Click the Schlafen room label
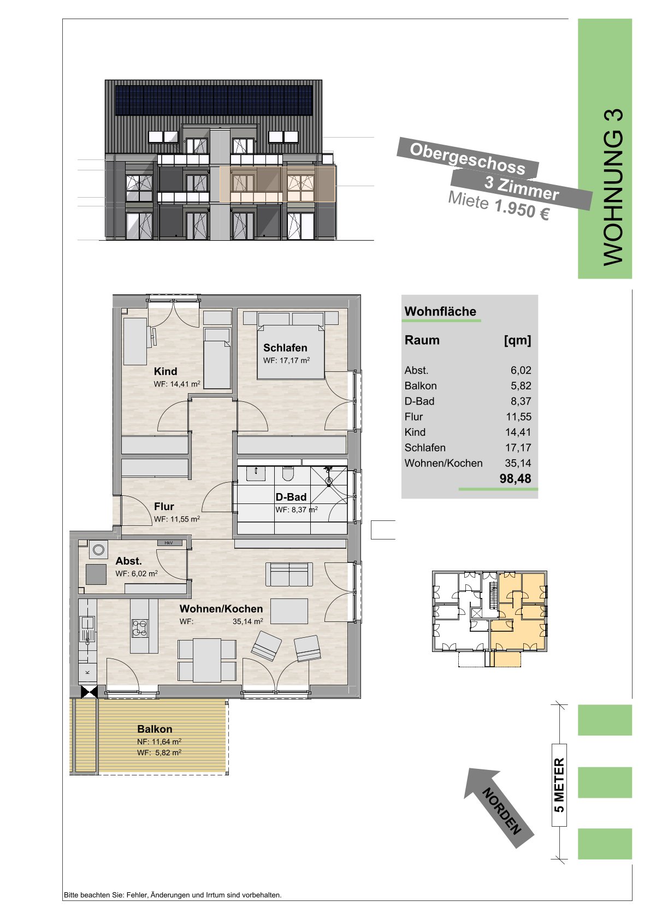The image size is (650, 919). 285,348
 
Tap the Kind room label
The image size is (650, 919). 166,371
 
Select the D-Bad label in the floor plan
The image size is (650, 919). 291,497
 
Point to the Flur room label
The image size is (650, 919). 164,506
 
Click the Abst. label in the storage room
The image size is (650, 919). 128,561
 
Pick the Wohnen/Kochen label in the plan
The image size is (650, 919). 221,609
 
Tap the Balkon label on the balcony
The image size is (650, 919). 155,729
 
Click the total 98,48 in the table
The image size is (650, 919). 516,479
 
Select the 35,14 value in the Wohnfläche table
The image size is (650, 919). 518,463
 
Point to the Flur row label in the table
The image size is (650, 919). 413,417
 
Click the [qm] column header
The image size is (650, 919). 517,341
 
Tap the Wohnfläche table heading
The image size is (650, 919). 440,311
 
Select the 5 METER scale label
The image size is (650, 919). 559,785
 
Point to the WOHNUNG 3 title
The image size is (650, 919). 613,187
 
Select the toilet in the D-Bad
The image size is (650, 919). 288,475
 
